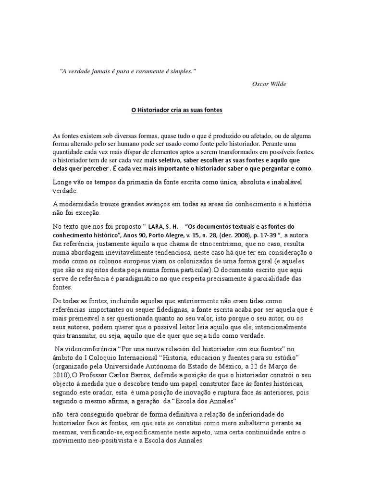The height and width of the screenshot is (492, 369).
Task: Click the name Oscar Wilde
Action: pyautogui.click(x=269, y=84)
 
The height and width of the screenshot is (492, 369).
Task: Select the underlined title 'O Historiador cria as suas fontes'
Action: pyautogui.click(x=177, y=110)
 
